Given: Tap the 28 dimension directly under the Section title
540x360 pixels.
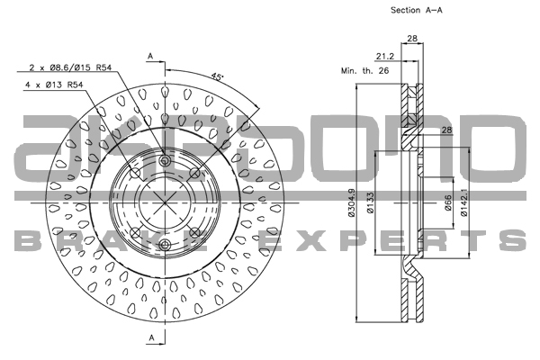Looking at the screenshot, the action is [x=413, y=39].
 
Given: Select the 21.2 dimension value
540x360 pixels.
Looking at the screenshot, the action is [x=382, y=55].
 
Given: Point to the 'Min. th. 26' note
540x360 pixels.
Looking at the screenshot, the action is [x=364, y=70].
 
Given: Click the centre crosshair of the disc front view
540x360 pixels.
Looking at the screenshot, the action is [x=165, y=203].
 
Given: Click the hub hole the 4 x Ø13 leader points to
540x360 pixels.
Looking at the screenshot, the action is [x=135, y=173].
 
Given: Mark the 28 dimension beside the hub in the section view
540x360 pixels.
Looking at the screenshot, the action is [x=446, y=131].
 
